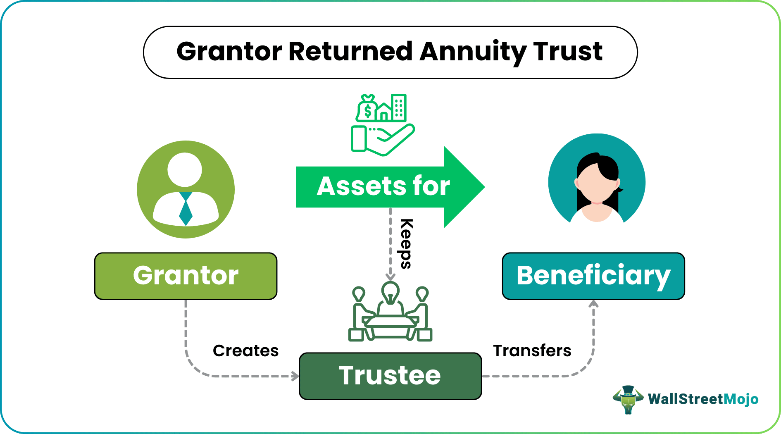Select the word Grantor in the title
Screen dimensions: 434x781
(x=229, y=52)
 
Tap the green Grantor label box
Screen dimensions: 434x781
(x=186, y=276)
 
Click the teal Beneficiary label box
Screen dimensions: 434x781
(x=593, y=276)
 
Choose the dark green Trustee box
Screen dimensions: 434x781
(x=390, y=376)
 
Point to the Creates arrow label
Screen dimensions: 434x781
(x=245, y=351)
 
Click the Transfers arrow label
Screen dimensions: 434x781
(x=532, y=351)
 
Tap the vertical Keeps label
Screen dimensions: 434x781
(x=406, y=244)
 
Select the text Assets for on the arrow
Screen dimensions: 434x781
(x=383, y=186)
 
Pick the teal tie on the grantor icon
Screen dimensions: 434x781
(x=186, y=209)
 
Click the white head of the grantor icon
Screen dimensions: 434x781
(x=185, y=169)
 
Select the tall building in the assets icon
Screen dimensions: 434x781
(x=399, y=107)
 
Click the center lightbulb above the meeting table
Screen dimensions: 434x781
(x=390, y=293)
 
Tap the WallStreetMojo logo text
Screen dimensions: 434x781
(x=703, y=399)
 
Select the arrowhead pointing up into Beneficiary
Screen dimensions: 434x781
(x=594, y=304)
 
